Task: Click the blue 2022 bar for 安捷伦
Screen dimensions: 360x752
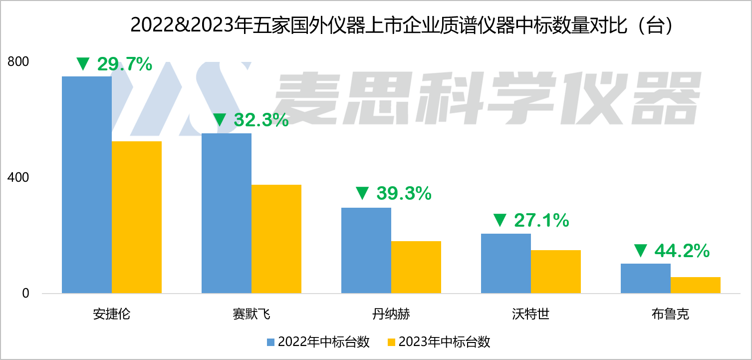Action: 86,185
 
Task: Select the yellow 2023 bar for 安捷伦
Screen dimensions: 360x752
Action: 136,217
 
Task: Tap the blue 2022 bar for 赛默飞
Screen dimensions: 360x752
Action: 226,213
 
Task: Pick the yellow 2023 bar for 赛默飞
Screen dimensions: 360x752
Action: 276,239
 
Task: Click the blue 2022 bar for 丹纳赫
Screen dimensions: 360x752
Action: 366,250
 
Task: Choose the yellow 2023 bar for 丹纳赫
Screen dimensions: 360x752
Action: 416,267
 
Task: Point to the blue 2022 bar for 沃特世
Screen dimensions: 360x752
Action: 505,263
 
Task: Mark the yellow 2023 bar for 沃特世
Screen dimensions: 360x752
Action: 555,272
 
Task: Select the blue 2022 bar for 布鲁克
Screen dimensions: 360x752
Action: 645,278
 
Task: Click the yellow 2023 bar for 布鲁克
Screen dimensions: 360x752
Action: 695,285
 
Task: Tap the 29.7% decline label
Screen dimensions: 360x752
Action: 124,64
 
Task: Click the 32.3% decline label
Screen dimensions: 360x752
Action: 261,120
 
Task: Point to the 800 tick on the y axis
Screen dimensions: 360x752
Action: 18,61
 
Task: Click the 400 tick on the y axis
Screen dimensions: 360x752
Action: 18,177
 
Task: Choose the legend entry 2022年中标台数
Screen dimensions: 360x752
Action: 318,342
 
